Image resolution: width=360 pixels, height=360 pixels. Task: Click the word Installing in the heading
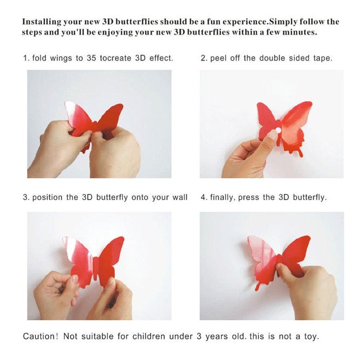pyautogui.click(x=41, y=22)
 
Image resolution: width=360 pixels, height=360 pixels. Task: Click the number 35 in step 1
pyautogui.click(x=91, y=58)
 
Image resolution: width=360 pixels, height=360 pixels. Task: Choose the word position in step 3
pyautogui.click(x=47, y=197)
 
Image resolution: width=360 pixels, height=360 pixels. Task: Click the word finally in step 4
pyautogui.click(x=222, y=197)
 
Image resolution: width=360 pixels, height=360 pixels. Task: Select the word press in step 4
pyautogui.click(x=249, y=198)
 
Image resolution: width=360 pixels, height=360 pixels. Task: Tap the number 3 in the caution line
pyautogui.click(x=199, y=337)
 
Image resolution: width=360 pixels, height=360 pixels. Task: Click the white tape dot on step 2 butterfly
pyautogui.click(x=278, y=130)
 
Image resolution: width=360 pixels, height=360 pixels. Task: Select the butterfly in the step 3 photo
pyautogui.click(x=94, y=262)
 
